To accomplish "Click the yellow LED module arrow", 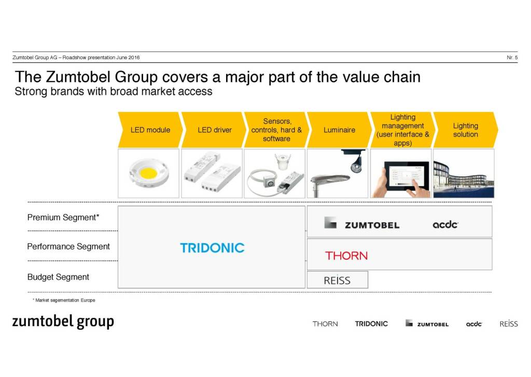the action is (150, 130).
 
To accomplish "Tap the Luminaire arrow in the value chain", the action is (339, 130).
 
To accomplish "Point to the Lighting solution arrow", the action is (466, 130).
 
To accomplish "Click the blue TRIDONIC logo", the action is (212, 248).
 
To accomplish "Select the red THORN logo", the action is (346, 256).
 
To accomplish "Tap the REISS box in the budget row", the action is (337, 280).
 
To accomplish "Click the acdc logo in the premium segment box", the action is (445, 224).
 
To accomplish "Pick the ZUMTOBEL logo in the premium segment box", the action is (361, 223).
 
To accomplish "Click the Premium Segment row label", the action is (63, 217).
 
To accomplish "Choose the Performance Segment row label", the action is (68, 247).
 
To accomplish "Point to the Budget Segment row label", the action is (58, 277).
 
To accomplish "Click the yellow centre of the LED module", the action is (148, 173).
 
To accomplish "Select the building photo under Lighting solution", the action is (464, 173).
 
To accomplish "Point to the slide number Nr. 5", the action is (512, 58).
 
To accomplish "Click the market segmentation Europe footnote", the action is (64, 300).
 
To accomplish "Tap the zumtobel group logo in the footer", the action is (63, 322).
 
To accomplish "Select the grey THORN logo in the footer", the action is (325, 324).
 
